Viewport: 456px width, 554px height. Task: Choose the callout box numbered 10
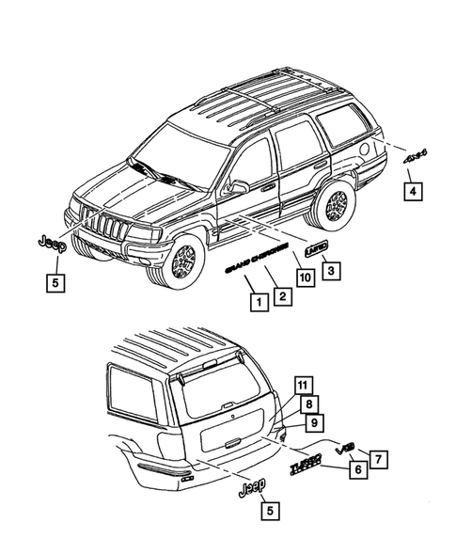point(304,277)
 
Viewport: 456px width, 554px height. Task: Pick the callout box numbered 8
point(307,405)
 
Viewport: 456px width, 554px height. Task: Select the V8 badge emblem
point(346,445)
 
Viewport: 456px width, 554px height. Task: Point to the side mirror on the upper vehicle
point(238,186)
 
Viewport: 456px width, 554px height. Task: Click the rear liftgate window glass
point(228,386)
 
